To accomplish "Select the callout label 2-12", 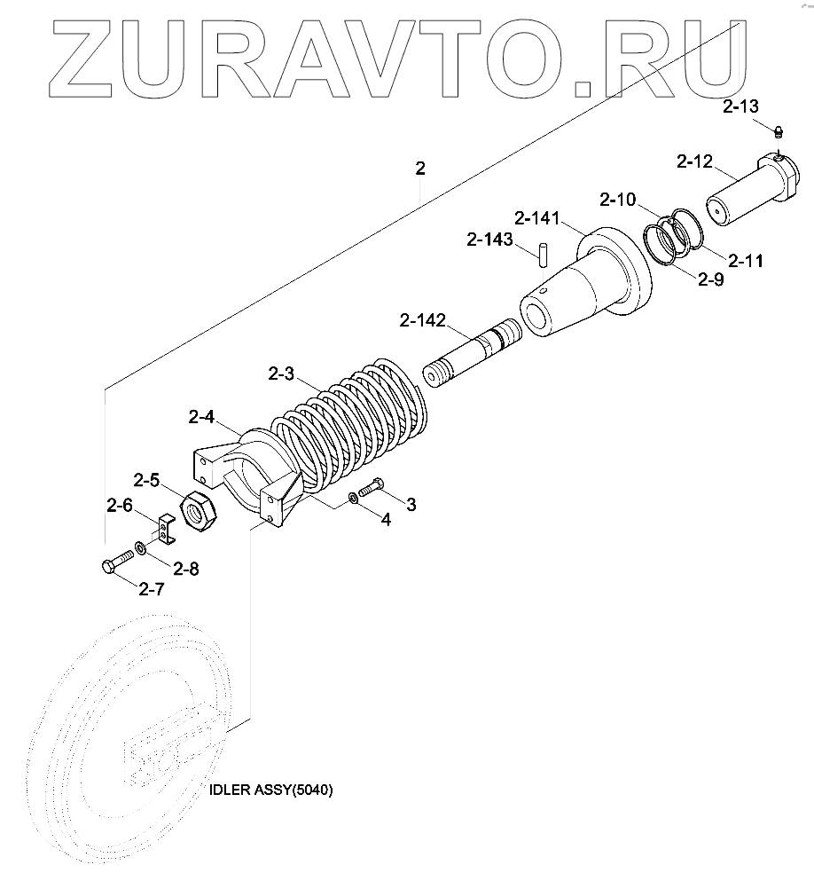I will click(694, 161).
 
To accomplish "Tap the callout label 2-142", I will click(423, 320).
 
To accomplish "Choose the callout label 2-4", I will click(201, 416).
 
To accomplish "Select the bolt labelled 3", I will click(370, 487).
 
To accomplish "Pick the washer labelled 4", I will click(353, 499).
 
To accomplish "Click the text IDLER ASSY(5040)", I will click(270, 790).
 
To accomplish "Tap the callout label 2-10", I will click(617, 199).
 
